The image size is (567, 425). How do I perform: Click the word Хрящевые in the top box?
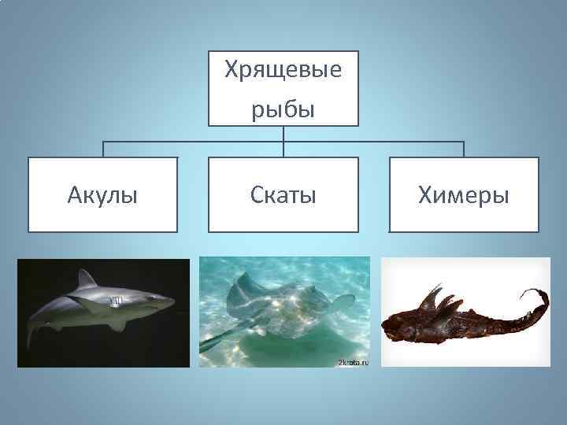click(x=283, y=71)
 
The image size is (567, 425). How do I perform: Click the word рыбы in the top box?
click(x=283, y=109)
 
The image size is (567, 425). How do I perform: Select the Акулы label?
click(x=103, y=194)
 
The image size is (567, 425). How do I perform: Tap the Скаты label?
click(x=283, y=194)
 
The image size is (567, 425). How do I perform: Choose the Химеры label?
click(x=464, y=194)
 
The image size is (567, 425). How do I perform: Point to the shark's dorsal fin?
click(x=85, y=279)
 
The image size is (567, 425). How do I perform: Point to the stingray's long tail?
click(x=217, y=343)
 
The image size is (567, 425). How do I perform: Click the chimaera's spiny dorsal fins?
click(x=437, y=302)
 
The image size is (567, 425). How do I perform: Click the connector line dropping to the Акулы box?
click(x=103, y=150)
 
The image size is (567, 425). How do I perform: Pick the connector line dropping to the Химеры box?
click(x=464, y=150)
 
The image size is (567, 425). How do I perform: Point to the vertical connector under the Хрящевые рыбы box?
click(x=283, y=134)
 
